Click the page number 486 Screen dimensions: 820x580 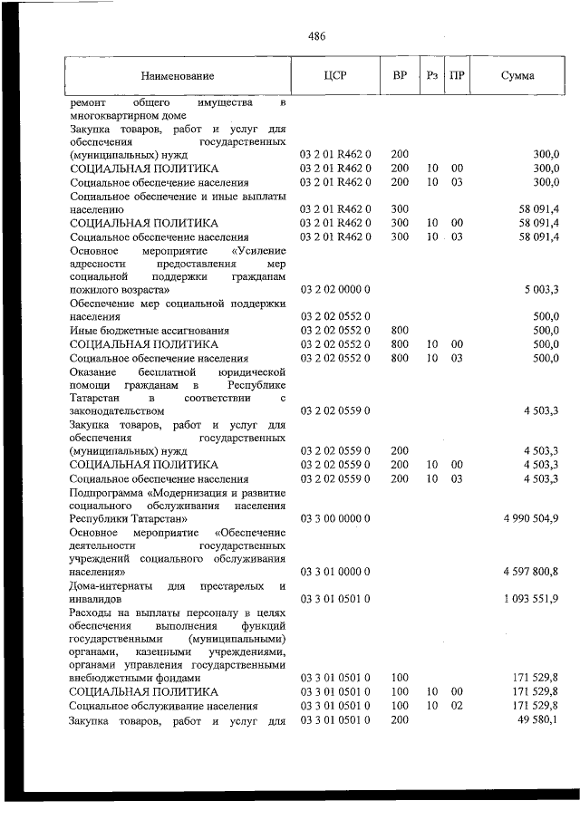pyautogui.click(x=316, y=37)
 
